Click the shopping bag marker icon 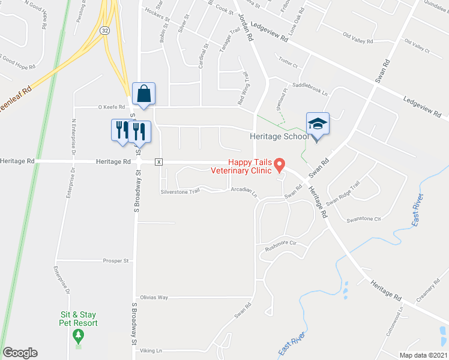click(x=144, y=94)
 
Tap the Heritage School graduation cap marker click(x=318, y=124)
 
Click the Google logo click(x=20, y=353)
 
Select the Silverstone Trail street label click(x=179, y=192)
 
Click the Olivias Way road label click(x=154, y=297)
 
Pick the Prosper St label click(x=116, y=261)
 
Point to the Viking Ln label click(x=151, y=350)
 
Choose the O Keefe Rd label click(x=112, y=107)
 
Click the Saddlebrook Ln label click(x=310, y=89)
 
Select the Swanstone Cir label click(x=364, y=219)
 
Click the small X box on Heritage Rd click(x=159, y=161)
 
